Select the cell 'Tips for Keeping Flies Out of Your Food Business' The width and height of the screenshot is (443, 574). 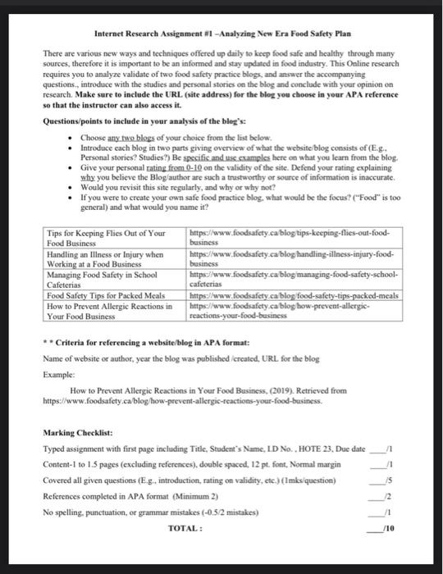click(x=105, y=238)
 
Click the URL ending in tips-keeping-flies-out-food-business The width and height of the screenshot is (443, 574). click(x=294, y=238)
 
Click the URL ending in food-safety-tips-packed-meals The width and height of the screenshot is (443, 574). click(x=294, y=295)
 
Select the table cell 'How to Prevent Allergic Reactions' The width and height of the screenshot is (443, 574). click(x=105, y=310)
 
